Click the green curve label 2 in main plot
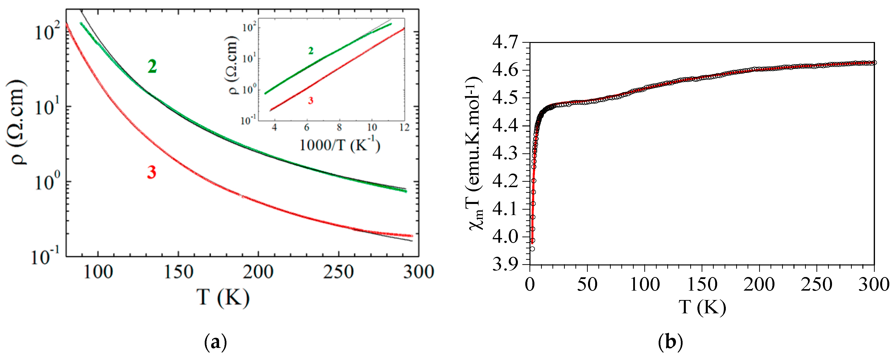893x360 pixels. pos(152,67)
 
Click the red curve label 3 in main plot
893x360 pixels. pos(151,172)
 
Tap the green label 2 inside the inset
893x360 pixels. pos(311,51)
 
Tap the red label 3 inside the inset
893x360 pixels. pos(311,101)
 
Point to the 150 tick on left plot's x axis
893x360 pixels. pos(178,272)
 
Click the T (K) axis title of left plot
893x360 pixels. pos(223,297)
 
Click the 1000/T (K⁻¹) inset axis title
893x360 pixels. pos(340,145)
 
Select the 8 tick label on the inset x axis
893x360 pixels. pos(339,127)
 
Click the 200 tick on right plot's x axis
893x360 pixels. pos(759,284)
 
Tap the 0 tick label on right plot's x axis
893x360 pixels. pos(530,284)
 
